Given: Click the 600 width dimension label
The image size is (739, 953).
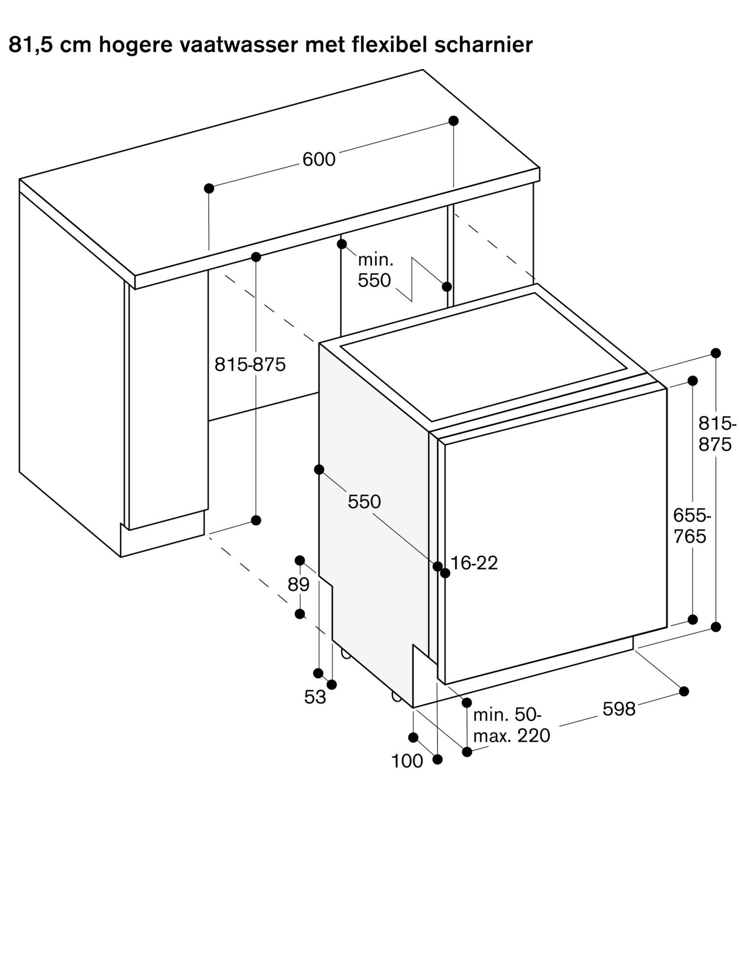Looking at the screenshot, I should click(x=319, y=159).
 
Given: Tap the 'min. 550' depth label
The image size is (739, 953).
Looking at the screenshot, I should click(x=375, y=271).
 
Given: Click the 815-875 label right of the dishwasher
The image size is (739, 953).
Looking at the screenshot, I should click(x=716, y=434).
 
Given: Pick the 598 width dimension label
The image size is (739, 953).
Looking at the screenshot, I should click(x=619, y=710).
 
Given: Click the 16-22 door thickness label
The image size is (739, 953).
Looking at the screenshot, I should click(x=474, y=563).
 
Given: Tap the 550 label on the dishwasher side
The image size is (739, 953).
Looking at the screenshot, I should click(x=364, y=502).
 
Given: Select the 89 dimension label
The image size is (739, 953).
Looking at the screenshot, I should click(x=298, y=585).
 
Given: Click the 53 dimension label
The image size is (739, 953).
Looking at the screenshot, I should click(x=315, y=698).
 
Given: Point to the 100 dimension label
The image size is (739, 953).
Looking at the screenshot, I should click(x=407, y=761).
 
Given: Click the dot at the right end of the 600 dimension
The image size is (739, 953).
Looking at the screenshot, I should click(x=453, y=121).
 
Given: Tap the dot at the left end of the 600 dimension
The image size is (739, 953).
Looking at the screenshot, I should click(x=209, y=189).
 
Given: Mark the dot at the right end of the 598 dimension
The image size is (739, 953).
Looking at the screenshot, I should click(x=684, y=691).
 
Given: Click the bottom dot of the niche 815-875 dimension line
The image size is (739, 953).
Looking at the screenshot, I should click(x=256, y=520).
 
